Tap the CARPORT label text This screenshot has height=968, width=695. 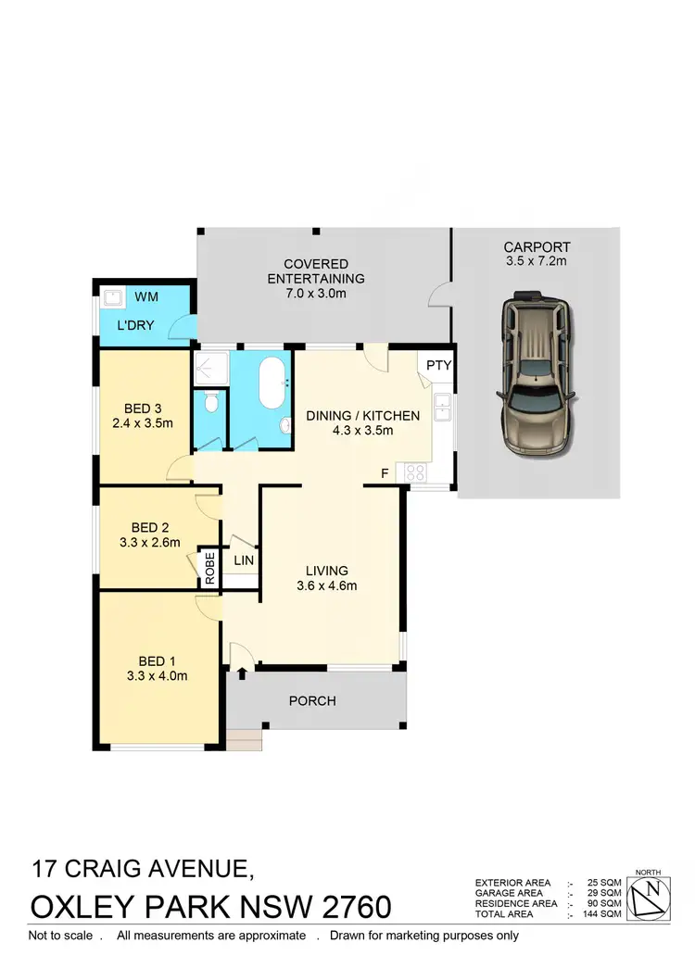pos(537,246)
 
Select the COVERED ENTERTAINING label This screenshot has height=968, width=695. pos(316,264)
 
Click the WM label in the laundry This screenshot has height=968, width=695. pos(146,296)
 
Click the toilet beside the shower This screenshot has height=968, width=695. pos(211,403)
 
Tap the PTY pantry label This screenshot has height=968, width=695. pos(438,365)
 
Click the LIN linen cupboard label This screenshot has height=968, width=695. pos(244,560)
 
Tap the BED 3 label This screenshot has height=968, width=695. pos(143,408)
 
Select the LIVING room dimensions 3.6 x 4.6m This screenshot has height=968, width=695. pos(326,585)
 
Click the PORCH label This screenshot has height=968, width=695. pos(313,700)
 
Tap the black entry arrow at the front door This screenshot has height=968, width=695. pos(242,673)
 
